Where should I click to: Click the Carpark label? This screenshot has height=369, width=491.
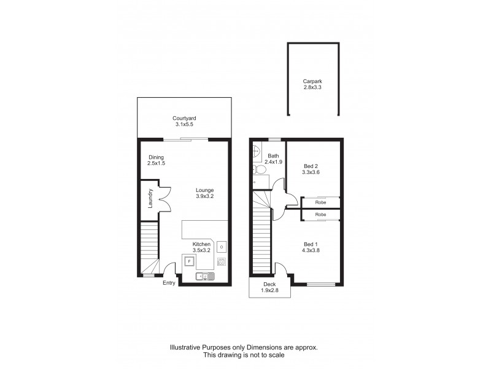click(312, 81)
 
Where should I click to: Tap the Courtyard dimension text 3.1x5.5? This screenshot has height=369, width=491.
click(184, 125)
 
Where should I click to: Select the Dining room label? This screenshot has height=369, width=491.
click(156, 157)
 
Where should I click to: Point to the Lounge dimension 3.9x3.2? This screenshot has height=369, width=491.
click(204, 196)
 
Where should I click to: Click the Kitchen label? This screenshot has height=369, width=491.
click(201, 244)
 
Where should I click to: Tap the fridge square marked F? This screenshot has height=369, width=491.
click(190, 261)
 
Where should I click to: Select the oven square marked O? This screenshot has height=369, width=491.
click(222, 247)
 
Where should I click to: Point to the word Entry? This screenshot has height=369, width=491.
click(169, 283)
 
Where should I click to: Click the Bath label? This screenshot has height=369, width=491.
click(273, 156)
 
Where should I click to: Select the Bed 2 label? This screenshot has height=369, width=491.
click(312, 165)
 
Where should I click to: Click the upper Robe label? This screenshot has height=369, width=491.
click(320, 201)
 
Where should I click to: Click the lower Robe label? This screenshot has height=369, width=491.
click(320, 214)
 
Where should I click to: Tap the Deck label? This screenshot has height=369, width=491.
click(269, 284)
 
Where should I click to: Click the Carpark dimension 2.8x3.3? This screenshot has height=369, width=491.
click(312, 88)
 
